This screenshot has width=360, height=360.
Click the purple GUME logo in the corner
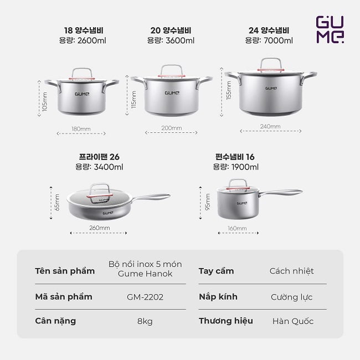(330, 29)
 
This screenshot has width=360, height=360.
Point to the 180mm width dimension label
(81, 129)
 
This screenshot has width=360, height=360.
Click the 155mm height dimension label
(229, 90)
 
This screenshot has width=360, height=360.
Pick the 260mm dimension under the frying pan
(100, 228)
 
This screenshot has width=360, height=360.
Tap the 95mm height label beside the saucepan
(207, 202)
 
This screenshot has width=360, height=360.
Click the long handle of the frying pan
(151, 197)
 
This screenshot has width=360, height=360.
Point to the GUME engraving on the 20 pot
(172, 92)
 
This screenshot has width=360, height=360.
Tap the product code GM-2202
(145, 297)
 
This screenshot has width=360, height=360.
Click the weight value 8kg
(145, 321)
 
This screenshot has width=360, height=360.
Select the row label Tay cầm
(216, 271)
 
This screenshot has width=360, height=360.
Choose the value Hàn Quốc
(293, 321)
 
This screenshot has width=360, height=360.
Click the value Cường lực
(291, 297)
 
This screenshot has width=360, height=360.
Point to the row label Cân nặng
(55, 321)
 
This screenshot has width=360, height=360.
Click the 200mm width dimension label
(172, 128)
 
